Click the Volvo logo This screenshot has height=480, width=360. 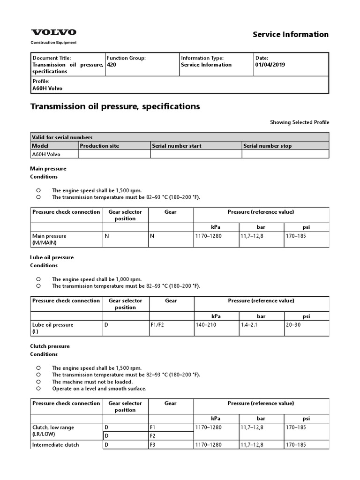coord(53,32)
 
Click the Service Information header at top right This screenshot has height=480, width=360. coord(291,34)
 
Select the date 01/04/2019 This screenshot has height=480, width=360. coord(270,65)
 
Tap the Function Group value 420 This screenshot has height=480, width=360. coord(112,65)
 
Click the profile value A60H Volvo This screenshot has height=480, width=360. coord(47,88)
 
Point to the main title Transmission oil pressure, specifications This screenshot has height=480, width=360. coord(115,106)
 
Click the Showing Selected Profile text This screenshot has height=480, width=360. coord(299,122)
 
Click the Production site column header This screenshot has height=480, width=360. coord(99,146)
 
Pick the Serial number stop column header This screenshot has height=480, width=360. coord(267,146)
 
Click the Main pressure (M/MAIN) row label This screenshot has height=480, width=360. coord(49,239)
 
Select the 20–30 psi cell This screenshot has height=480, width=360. coord(294,325)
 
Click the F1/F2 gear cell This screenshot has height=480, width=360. coord(157,325)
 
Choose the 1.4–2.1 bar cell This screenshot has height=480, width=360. coord(250,325)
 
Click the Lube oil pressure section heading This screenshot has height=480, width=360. coord(52,257)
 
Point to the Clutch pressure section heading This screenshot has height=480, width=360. coord(50,346)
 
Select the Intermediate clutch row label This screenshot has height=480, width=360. coord(55,445)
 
